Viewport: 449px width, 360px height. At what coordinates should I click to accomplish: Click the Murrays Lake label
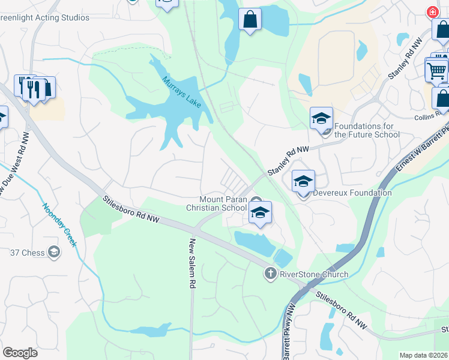(x=182, y=92)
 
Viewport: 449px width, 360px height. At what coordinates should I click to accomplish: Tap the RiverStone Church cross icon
(x=270, y=274)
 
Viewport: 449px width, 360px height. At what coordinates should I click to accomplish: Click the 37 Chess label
(x=28, y=253)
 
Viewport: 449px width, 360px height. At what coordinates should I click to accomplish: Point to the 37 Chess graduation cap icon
(x=55, y=252)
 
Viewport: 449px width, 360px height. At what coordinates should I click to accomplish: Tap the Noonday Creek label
(x=59, y=225)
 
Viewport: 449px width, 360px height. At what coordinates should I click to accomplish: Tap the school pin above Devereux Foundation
(x=303, y=181)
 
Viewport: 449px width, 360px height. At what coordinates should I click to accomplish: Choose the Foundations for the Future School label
(x=367, y=130)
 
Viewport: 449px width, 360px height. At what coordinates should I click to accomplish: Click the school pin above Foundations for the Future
(x=322, y=118)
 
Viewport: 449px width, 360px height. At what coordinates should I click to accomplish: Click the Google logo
(x=20, y=353)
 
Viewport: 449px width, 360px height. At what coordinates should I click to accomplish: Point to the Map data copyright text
(x=424, y=355)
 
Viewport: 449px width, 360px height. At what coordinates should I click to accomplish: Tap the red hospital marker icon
(x=432, y=12)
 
